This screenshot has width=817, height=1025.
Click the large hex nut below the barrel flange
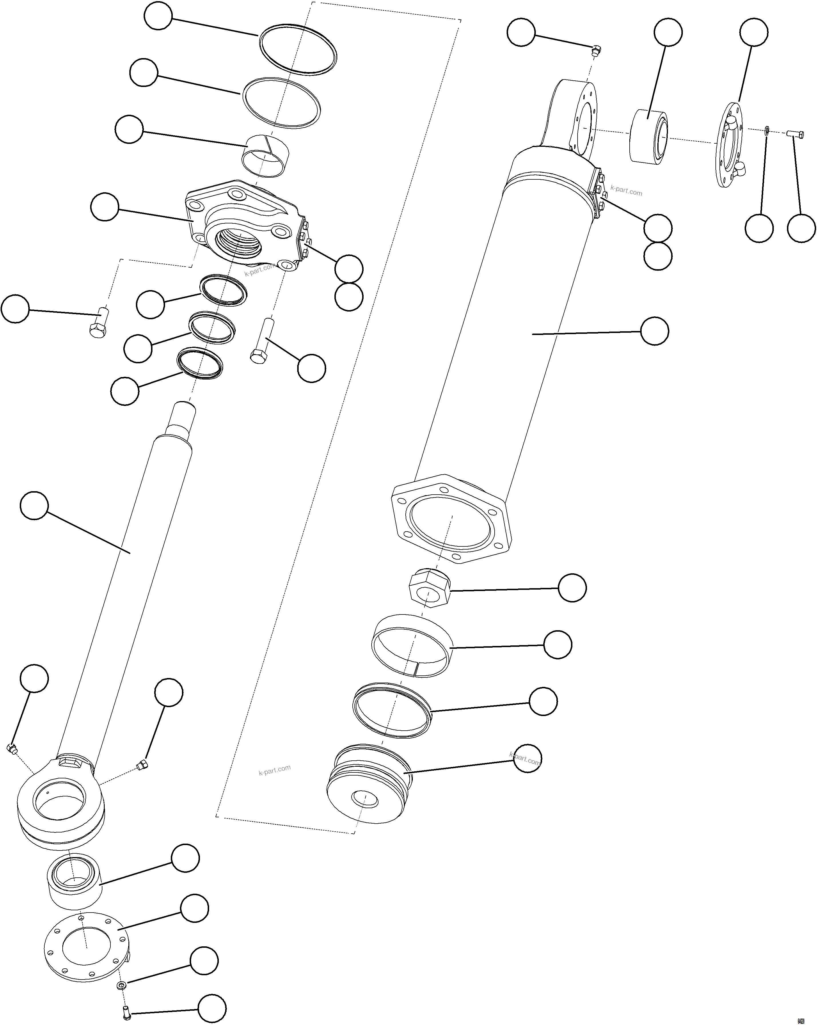click(429, 588)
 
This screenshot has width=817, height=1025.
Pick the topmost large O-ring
click(298, 50)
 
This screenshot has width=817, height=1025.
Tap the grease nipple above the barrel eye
click(596, 49)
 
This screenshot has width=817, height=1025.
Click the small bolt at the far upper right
click(796, 134)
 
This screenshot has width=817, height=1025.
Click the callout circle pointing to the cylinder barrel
click(655, 331)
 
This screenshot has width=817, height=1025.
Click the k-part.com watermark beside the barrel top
click(626, 191)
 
